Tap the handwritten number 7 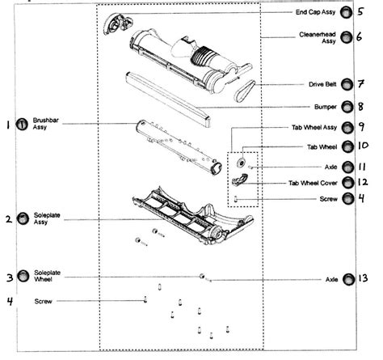(x=363, y=84)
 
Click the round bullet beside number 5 (x=346, y=14)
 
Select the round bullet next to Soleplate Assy (x=23, y=218)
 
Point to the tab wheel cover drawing (x=238, y=180)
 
